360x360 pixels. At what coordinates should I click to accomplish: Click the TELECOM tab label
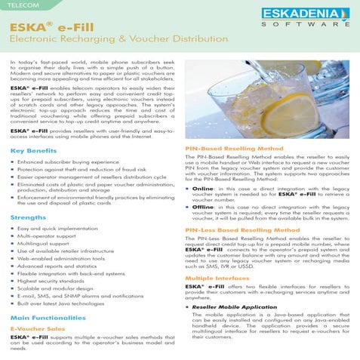point(21,5)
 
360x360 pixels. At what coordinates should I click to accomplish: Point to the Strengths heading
point(28,217)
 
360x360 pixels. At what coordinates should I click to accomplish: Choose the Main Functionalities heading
point(48,318)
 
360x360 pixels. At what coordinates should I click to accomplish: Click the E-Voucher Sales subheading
point(37,330)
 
